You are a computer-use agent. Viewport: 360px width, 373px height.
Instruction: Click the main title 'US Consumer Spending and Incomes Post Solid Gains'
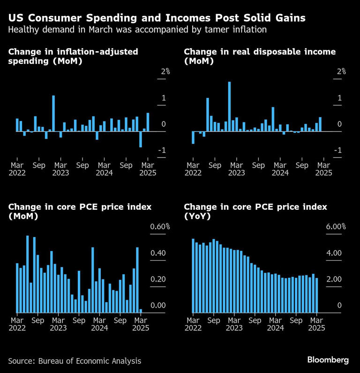click(x=157, y=18)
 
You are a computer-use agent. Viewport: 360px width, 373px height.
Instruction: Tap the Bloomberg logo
click(x=328, y=360)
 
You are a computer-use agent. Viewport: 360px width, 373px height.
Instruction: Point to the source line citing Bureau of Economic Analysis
click(x=75, y=361)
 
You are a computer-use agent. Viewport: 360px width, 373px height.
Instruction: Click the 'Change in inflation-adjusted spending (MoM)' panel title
click(x=73, y=56)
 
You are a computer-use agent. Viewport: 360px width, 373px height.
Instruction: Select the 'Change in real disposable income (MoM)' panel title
click(x=260, y=56)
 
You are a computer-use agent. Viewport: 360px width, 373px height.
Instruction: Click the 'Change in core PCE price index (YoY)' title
click(x=255, y=212)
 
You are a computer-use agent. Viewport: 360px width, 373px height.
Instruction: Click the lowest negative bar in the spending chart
click(x=141, y=139)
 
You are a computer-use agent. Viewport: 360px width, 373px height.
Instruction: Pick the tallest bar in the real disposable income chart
click(x=229, y=107)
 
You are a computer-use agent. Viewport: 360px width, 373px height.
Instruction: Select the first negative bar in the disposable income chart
click(x=193, y=137)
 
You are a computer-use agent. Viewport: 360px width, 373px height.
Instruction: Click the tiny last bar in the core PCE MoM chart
click(x=141, y=311)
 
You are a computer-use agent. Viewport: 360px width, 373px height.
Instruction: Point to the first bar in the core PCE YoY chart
click(x=193, y=275)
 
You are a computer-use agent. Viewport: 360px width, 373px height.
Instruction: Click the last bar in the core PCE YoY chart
click(x=317, y=295)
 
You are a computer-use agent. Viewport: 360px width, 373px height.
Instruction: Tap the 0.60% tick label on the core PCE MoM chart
click(x=160, y=227)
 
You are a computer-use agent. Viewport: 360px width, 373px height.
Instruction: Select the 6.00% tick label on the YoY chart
click(x=336, y=227)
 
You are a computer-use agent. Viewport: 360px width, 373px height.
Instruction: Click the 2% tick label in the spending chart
click(x=165, y=71)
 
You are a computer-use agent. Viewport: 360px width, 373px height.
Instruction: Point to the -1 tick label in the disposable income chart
click(x=337, y=150)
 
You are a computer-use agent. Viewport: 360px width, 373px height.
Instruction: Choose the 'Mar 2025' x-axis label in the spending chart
click(x=148, y=169)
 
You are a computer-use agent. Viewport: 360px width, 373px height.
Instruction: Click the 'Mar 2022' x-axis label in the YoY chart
click(x=193, y=325)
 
